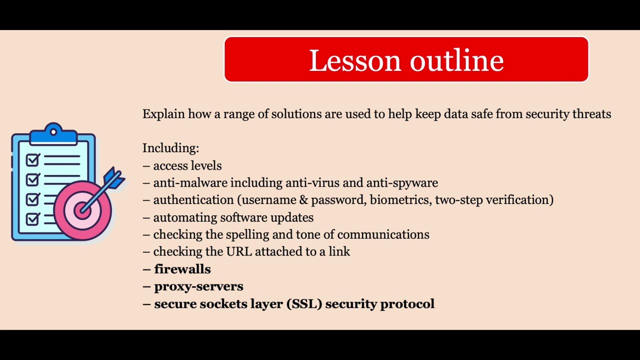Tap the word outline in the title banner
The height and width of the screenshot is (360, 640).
tap(456, 60)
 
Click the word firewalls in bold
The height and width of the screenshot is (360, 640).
tap(182, 269)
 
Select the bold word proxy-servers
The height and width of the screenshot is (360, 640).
tap(198, 286)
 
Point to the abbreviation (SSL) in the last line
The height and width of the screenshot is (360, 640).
tap(304, 303)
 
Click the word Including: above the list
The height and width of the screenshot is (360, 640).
tap(170, 148)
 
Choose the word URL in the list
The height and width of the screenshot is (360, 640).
tap(239, 251)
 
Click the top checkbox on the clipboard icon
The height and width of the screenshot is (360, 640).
tap(33, 160)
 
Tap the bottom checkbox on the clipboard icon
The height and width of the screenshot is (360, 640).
tap(33, 219)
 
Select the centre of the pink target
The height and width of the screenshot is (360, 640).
tap(82, 209)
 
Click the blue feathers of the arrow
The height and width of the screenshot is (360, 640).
tap(114, 178)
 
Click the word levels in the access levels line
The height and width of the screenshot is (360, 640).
tap(205, 165)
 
